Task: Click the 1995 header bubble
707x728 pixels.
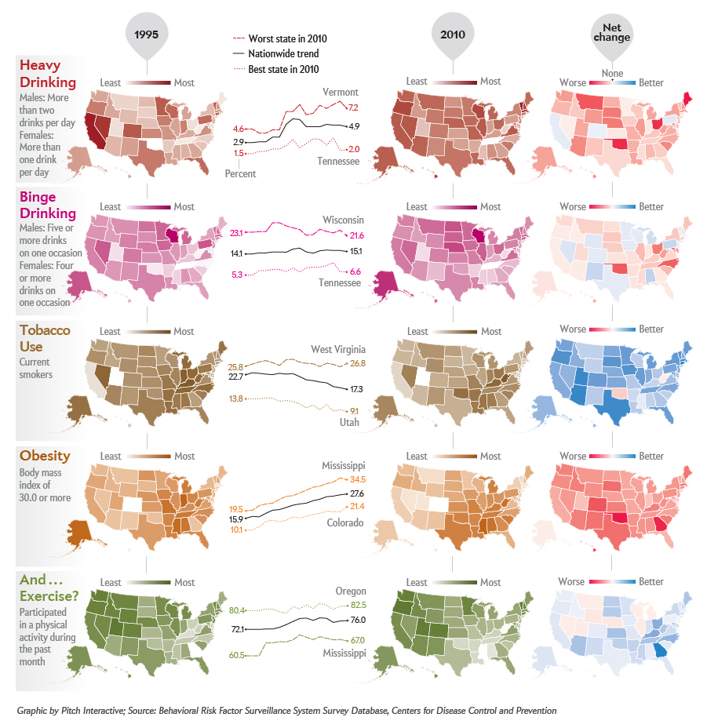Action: coord(146,35)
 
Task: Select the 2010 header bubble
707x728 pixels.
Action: coord(452,35)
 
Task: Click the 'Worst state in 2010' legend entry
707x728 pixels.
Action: coord(287,38)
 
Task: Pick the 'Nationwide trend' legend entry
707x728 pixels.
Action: coord(283,53)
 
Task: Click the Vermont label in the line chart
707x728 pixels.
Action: coord(340,93)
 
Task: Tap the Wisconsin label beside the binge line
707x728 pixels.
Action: coord(343,220)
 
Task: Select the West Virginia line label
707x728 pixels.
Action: coord(338,349)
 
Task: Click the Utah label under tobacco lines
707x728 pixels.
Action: coord(349,422)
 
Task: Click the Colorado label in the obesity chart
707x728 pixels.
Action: coord(345,522)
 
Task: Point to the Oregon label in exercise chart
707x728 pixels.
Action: coord(350,591)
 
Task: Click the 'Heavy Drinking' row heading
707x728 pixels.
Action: coord(48,73)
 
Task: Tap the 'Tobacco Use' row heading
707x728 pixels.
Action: coord(46,338)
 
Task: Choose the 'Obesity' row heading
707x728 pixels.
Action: coord(45,456)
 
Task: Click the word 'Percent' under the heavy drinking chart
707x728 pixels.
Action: coord(240,173)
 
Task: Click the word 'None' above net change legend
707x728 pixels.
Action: coord(612,74)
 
